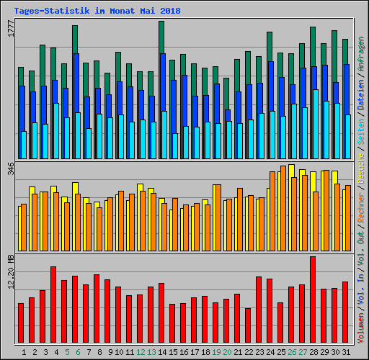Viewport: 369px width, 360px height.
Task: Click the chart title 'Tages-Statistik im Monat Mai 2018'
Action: (97, 12)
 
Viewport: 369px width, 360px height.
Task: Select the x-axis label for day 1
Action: (24, 352)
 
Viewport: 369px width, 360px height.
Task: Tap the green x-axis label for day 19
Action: (216, 352)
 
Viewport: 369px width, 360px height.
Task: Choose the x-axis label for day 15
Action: (173, 352)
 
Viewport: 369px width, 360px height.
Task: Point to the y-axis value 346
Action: (10, 171)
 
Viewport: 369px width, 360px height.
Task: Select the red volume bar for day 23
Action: (259, 310)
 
